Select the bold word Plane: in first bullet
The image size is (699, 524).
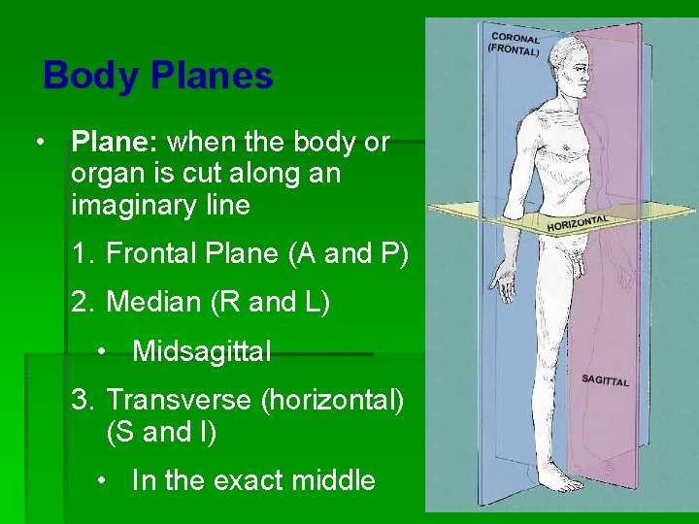tap(115, 143)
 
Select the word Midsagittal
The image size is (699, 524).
tap(201, 351)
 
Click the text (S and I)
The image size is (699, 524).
tap(161, 432)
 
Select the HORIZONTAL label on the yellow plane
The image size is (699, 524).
tap(578, 223)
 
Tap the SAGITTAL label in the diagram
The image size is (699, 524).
tap(605, 379)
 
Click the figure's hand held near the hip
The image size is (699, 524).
tap(504, 284)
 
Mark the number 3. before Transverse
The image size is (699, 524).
tap(83, 399)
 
